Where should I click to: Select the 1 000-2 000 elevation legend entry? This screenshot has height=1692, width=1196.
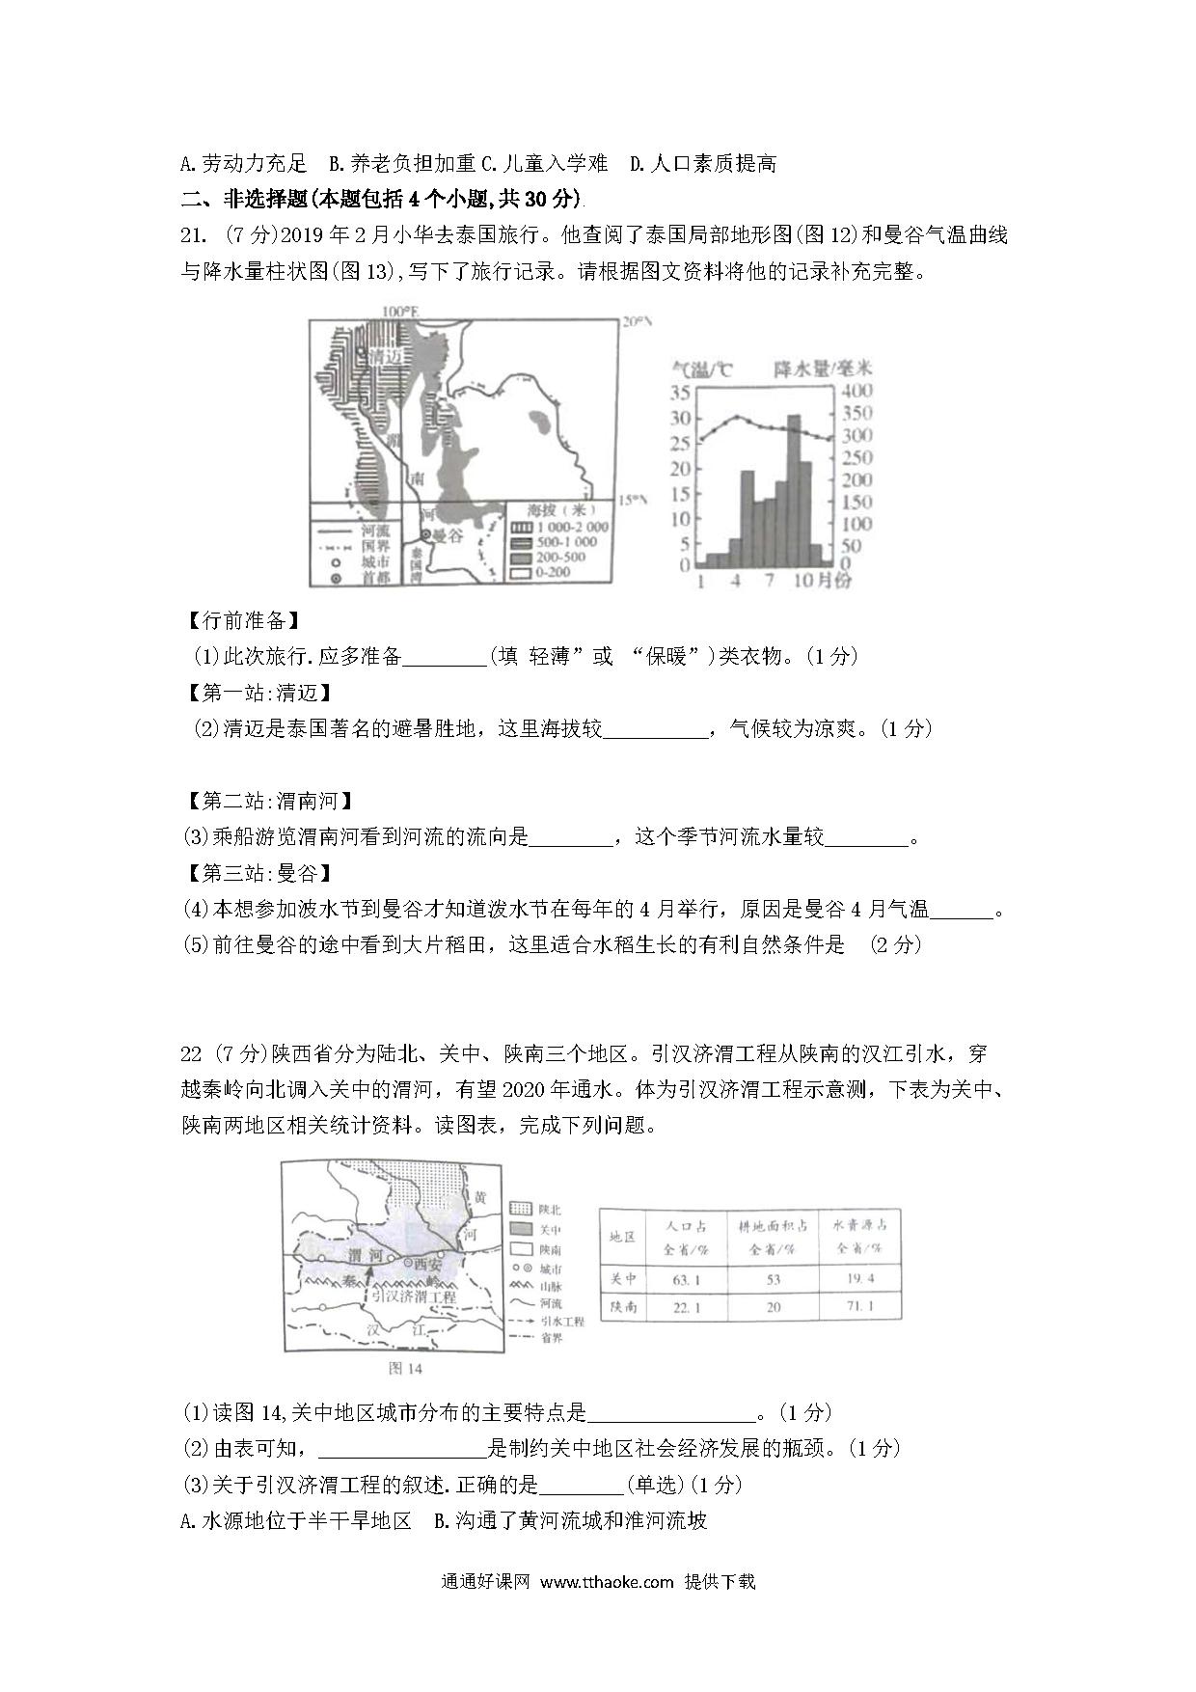click(x=574, y=527)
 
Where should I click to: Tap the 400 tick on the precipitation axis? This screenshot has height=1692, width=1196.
click(x=856, y=391)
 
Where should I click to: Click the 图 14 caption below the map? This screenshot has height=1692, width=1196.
click(x=404, y=1368)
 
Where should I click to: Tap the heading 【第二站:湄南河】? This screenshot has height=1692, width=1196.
click(x=267, y=801)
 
